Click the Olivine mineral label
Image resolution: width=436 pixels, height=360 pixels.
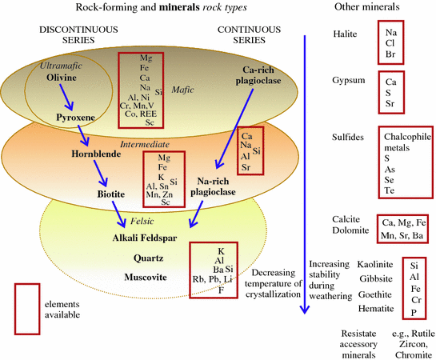click(x=61, y=81)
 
